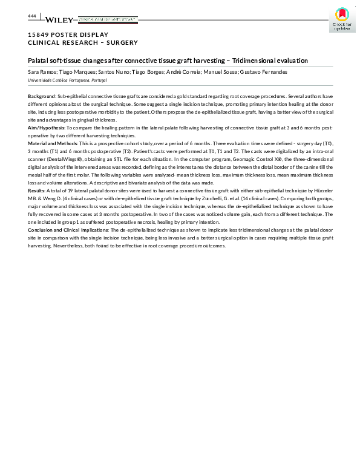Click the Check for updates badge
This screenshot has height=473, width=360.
[341, 20]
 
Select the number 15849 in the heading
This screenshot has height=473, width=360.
[39, 34]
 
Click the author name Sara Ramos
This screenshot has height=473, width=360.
[41, 72]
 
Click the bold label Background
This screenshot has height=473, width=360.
[42, 96]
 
